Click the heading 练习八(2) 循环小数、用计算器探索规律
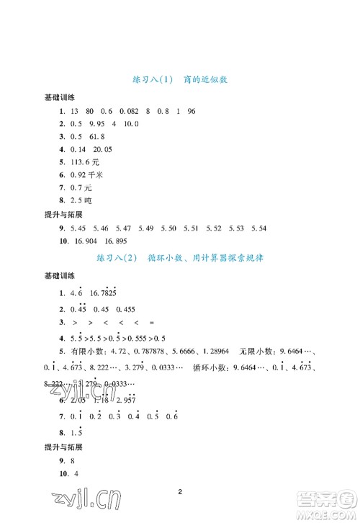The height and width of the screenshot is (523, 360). point(181,257)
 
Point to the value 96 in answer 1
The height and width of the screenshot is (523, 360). point(192,111)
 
